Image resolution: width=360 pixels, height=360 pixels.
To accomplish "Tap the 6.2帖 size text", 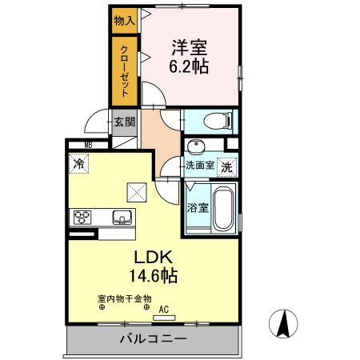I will [x=189, y=67].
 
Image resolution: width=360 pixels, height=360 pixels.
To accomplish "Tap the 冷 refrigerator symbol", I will [x=80, y=164].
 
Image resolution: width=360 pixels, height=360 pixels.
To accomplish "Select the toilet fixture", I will [x=218, y=122].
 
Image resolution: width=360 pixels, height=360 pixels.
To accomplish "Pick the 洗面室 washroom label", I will [x=199, y=166].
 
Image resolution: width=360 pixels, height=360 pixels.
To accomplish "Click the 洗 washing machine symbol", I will [x=227, y=167].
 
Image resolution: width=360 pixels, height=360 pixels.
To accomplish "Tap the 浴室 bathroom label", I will [x=198, y=206].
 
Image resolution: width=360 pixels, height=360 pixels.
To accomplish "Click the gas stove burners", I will [x=83, y=216].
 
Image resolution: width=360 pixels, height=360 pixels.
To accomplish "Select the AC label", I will [x=164, y=309].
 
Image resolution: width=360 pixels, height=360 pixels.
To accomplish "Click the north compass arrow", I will [x=283, y=322].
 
